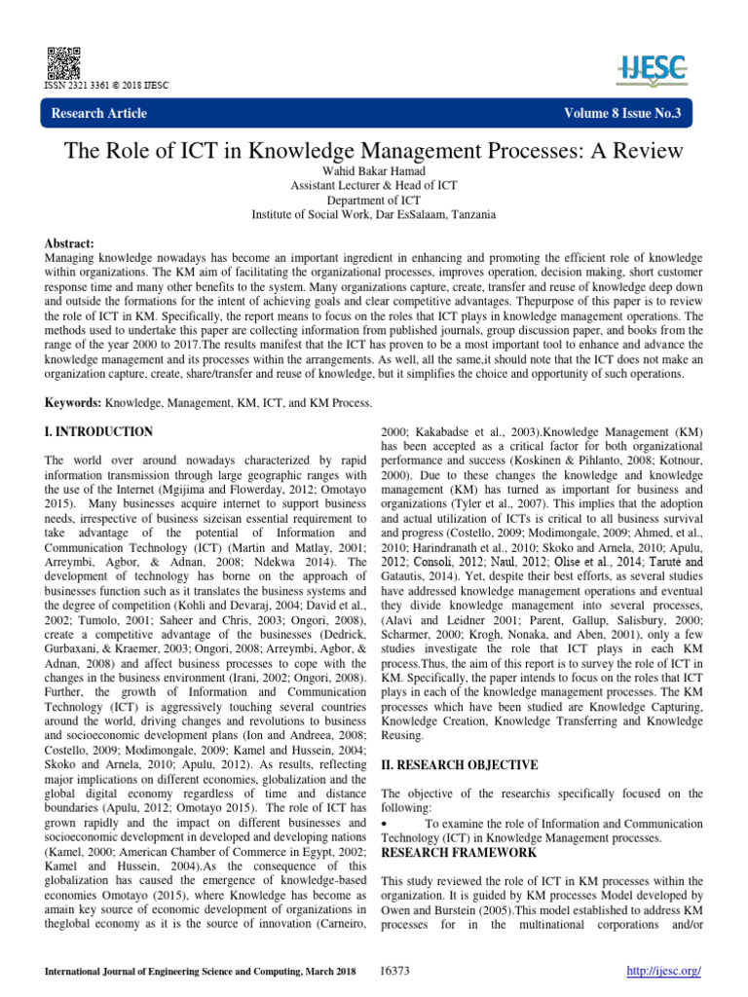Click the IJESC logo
pos(652,67)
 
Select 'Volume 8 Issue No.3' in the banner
pos(622,114)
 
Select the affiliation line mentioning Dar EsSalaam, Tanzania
pos(373,214)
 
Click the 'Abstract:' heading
pos(73,242)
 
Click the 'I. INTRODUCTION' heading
pos(99,430)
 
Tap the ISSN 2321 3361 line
pos(107,85)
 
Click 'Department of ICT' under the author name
pos(373,201)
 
